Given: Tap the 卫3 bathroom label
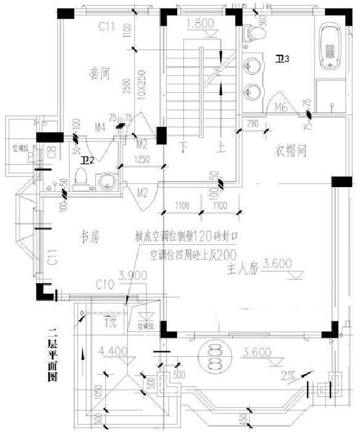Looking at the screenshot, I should click(x=282, y=58).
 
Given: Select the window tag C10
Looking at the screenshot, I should click(x=106, y=284).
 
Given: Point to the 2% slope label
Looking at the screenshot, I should click(x=288, y=374).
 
